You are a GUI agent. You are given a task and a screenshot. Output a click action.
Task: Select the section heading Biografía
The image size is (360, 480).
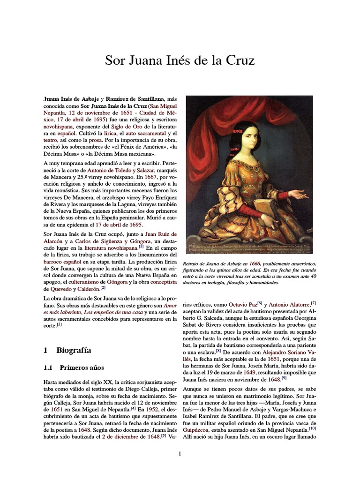tap(73, 350)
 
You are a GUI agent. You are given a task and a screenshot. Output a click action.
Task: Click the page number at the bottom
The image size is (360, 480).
tap(180, 453)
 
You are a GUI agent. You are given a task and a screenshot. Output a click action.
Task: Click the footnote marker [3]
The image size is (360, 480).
tap(60, 324)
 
